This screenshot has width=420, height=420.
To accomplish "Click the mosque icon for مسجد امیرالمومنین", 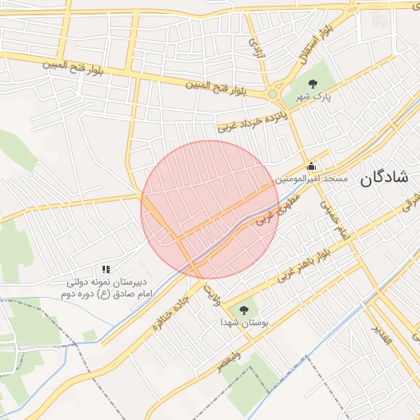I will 311,165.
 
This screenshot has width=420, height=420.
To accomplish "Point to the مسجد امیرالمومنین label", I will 312,178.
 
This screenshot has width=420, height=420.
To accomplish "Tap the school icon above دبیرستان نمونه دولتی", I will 105,269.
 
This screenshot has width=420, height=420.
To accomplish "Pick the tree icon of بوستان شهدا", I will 243,310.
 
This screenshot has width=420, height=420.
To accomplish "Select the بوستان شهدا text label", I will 243,323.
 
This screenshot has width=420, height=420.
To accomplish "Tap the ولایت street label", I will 212,293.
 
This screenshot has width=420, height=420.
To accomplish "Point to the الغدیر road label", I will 382,334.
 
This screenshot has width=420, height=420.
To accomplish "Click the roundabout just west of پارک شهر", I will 272,94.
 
